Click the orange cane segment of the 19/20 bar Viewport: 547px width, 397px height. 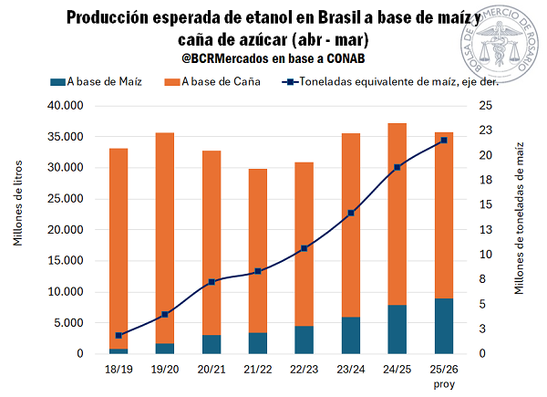pyautogui.click(x=165, y=237)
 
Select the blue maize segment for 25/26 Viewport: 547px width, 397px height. pyautogui.click(x=444, y=326)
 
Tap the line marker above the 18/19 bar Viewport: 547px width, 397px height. pyautogui.click(x=119, y=335)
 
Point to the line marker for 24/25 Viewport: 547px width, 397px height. pyautogui.click(x=397, y=167)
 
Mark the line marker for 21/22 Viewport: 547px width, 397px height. pyautogui.click(x=258, y=271)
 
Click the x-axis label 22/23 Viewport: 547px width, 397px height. pyautogui.click(x=304, y=369)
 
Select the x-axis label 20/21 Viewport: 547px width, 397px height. pyautogui.click(x=212, y=369)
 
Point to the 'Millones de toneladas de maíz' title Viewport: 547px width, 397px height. pyautogui.click(x=521, y=219)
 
